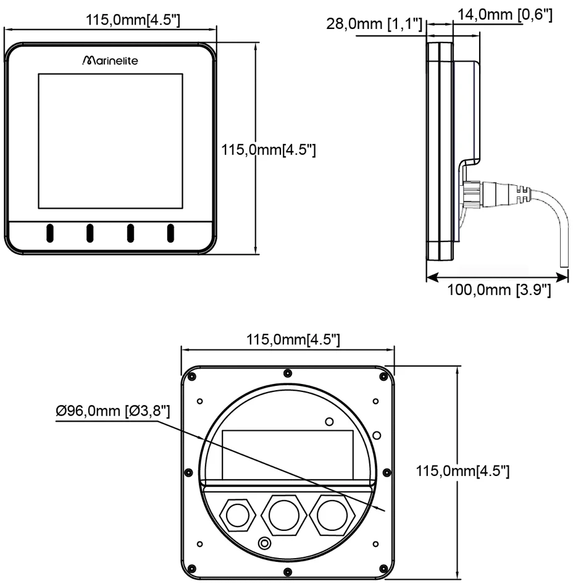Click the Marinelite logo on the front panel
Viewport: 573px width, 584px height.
coord(111,62)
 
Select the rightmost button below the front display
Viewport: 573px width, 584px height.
coord(170,233)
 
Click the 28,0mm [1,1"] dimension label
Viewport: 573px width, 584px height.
coord(376,25)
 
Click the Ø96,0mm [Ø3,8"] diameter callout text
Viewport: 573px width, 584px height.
coord(113,410)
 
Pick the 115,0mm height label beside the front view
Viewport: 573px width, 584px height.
coord(269,149)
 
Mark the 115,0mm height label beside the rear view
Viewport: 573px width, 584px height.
coord(463,472)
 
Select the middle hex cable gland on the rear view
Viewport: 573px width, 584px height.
coord(283,512)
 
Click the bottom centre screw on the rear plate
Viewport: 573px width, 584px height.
coord(288,569)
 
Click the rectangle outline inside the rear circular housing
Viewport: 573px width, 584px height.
coord(287,453)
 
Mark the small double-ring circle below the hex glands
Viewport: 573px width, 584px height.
coord(266,543)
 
